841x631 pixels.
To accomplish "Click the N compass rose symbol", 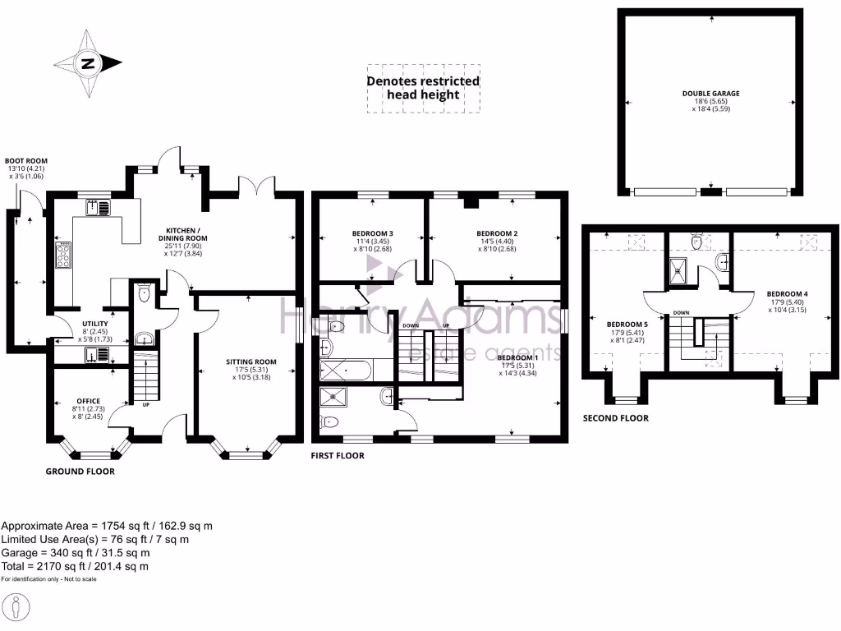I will [88, 63].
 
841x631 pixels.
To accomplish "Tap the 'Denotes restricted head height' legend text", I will [423, 88].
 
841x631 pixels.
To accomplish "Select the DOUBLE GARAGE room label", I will [710, 94].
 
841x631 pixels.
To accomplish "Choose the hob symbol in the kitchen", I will [62, 256].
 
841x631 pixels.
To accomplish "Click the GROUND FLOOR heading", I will [80, 472].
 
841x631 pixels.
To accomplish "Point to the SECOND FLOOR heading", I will [615, 418].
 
